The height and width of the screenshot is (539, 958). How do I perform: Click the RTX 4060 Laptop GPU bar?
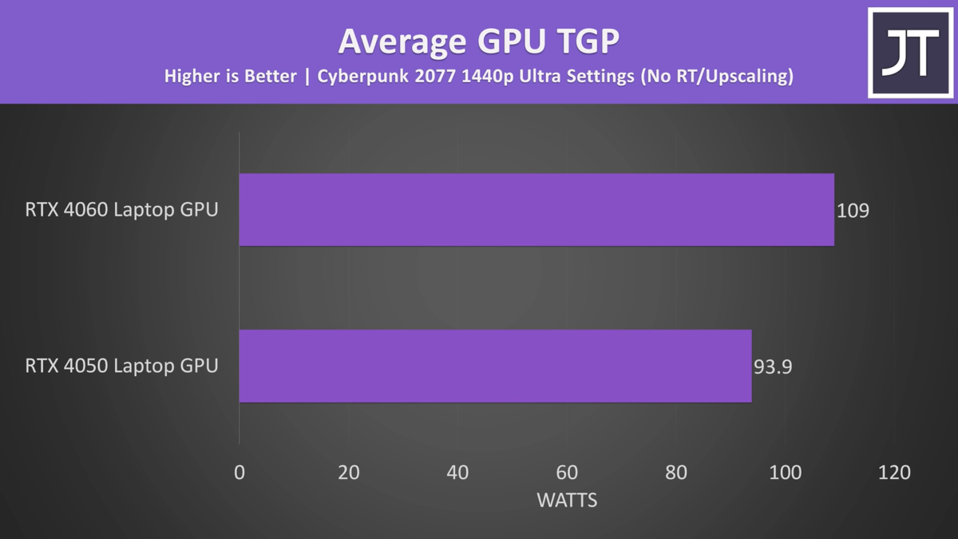point(536,210)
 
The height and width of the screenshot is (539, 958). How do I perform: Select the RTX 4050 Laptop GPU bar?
point(495,366)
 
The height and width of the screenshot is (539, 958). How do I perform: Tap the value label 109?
point(853,211)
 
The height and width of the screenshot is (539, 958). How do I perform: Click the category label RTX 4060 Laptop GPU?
point(121,211)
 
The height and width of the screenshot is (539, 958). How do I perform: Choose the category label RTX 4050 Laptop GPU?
point(121,367)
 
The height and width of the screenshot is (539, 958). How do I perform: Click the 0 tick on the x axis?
point(239,473)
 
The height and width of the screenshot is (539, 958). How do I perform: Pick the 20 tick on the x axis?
point(349,473)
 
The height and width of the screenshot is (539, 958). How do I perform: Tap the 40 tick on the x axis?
point(457,473)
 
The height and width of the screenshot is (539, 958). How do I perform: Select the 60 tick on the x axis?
point(567,473)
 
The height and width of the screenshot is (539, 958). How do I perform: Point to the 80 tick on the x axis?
point(676,473)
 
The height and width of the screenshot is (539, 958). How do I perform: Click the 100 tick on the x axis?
point(786,473)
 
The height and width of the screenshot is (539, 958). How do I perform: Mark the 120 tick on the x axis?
point(894,473)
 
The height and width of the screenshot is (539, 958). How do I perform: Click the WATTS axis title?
point(567,501)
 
